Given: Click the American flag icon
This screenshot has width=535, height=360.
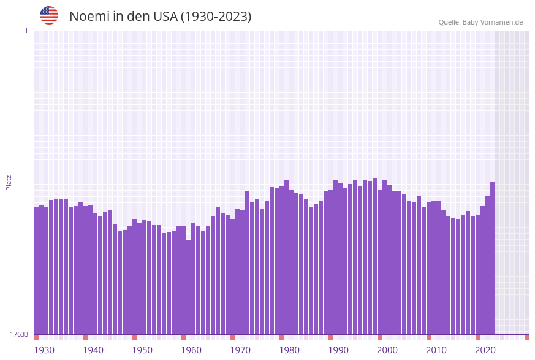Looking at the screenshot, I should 49,15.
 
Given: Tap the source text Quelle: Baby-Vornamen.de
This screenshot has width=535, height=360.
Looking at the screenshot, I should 480,22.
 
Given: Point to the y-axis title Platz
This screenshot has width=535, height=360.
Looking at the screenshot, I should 9,182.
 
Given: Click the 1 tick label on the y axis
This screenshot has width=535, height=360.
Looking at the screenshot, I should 26,31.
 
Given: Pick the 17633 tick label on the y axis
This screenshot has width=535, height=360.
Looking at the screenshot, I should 19,334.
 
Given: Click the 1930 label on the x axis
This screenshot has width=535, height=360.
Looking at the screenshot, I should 44,350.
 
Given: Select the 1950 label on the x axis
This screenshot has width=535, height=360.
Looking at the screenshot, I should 142,350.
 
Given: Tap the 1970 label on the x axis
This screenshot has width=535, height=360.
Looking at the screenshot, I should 240,350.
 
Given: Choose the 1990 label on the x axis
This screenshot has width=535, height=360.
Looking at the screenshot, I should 338,350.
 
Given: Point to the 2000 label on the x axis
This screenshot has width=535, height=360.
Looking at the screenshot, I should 387,350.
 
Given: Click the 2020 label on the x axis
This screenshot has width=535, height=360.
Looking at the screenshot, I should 485,350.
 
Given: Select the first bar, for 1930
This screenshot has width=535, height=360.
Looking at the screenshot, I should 37,270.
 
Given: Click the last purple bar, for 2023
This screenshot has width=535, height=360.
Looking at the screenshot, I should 492,258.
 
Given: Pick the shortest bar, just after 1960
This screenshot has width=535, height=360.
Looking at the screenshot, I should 189,287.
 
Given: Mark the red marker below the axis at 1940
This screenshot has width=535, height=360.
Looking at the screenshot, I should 86,337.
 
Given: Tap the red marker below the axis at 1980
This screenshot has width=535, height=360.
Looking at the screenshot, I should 282,337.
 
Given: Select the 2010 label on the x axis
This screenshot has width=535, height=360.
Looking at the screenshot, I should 436,350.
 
